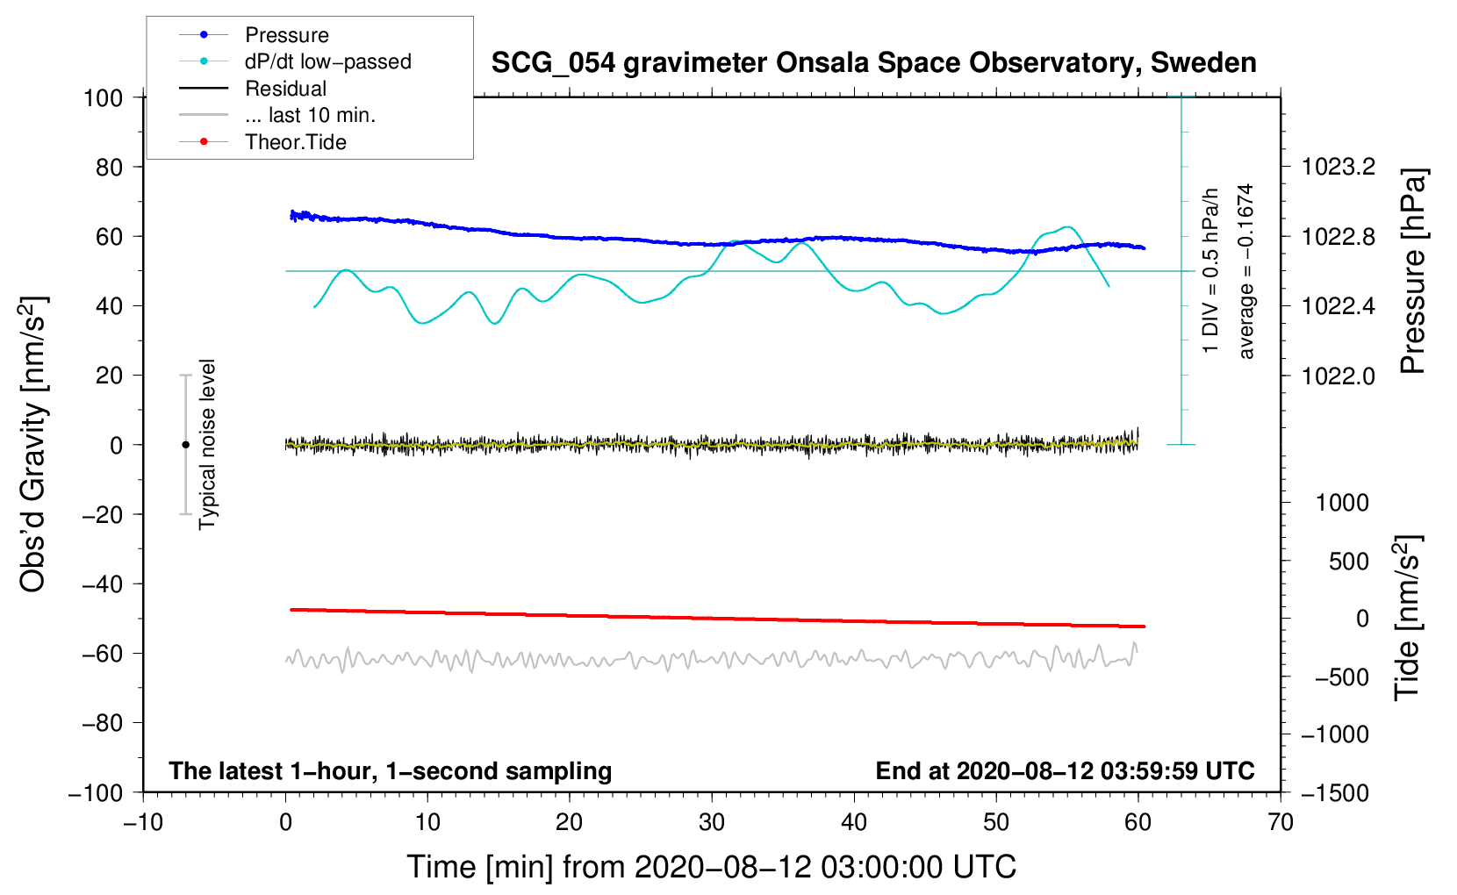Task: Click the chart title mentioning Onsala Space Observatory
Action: (x=873, y=63)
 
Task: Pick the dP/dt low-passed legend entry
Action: (x=327, y=61)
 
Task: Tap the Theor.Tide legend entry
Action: (x=295, y=142)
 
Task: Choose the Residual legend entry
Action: (x=285, y=89)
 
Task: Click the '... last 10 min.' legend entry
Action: (x=310, y=115)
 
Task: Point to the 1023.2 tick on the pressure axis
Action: (x=1339, y=167)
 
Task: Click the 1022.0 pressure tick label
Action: (x=1339, y=376)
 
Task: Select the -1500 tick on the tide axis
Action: (x=1334, y=792)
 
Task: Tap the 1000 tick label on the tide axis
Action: (x=1342, y=503)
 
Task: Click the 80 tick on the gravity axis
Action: (x=109, y=167)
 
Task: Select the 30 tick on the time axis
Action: (x=712, y=822)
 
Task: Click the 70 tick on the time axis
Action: (x=1281, y=822)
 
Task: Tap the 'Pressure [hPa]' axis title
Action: (x=1412, y=271)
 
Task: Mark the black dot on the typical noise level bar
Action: (x=185, y=445)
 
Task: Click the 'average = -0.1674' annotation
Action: (x=1245, y=271)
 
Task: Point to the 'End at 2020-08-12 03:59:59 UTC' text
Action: (x=1065, y=770)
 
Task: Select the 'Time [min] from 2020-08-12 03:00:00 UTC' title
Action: (x=711, y=867)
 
